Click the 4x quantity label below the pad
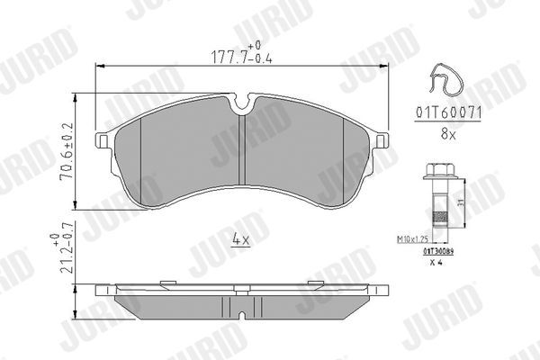(x=240, y=239)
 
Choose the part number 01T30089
(x=437, y=253)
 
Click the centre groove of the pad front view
(x=244, y=153)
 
